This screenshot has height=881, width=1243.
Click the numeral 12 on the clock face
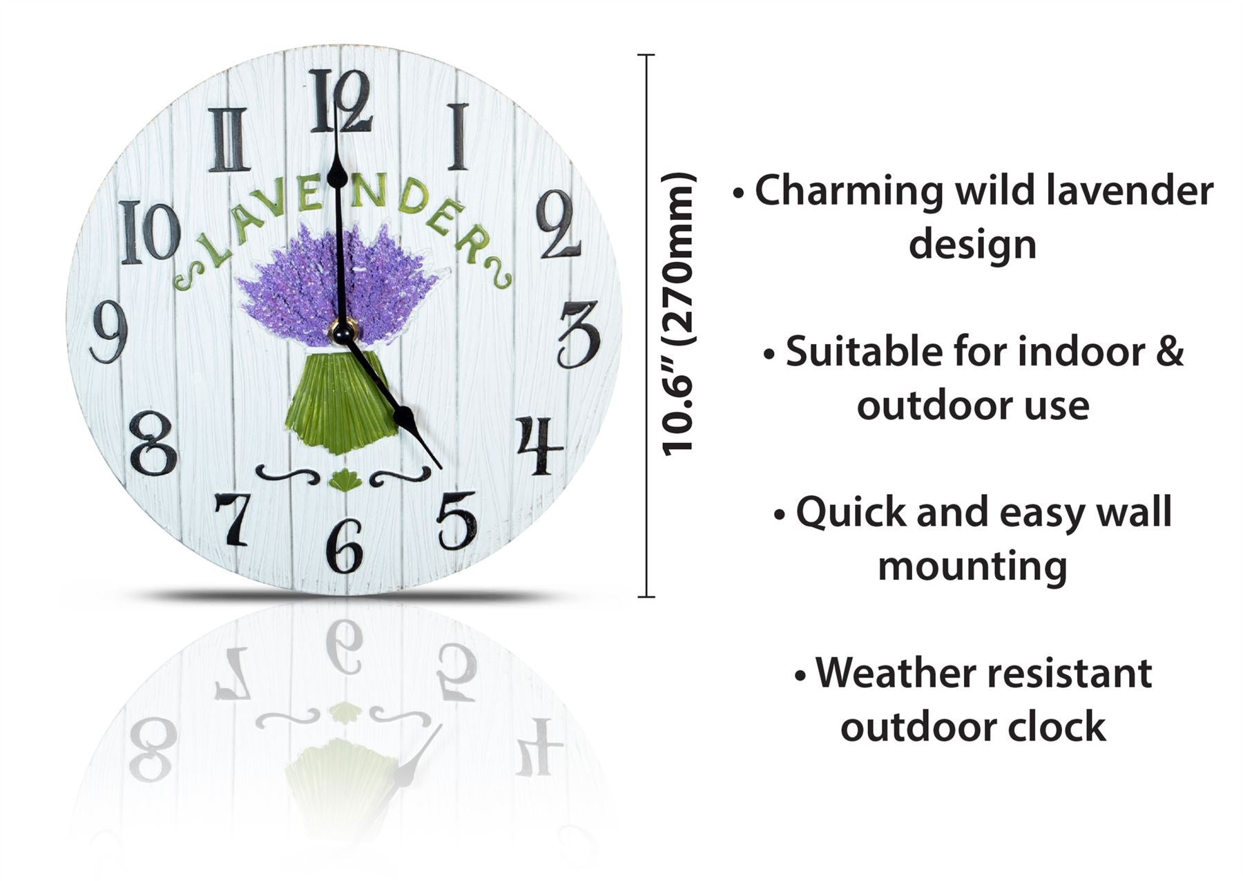[340, 101]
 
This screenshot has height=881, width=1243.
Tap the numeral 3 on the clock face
[579, 334]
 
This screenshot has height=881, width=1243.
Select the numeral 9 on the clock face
[109, 332]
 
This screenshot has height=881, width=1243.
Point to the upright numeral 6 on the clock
[345, 546]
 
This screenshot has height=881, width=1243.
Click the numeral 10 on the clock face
[150, 232]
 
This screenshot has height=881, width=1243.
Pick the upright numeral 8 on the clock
[153, 443]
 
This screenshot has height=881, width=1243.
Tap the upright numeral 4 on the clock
[540, 445]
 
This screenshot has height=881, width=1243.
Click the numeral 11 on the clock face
[229, 140]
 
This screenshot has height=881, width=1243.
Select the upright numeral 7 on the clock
[233, 519]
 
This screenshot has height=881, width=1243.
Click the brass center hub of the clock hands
[343, 331]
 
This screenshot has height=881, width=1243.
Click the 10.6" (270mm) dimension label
[677, 314]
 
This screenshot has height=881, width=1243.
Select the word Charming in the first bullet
[849, 191]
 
